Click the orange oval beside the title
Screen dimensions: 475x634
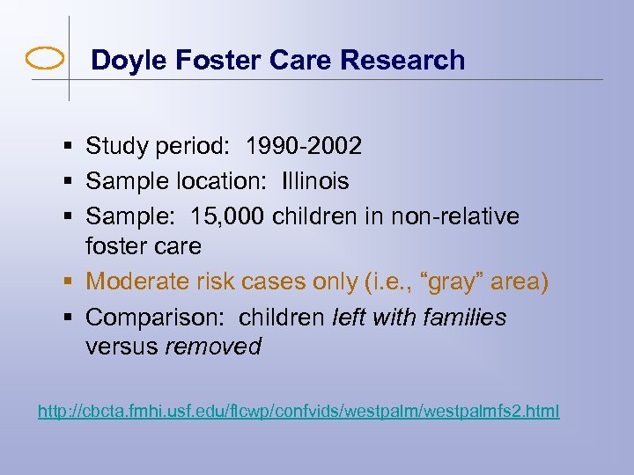(x=46, y=59)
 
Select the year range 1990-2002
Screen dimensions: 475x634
(x=304, y=145)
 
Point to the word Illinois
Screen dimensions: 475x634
(x=315, y=181)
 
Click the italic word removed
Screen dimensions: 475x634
(x=213, y=347)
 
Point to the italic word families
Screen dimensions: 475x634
(x=463, y=317)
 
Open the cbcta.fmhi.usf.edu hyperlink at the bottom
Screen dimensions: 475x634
(x=299, y=411)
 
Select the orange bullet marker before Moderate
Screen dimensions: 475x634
(x=68, y=282)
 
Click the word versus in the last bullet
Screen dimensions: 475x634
(x=122, y=347)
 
